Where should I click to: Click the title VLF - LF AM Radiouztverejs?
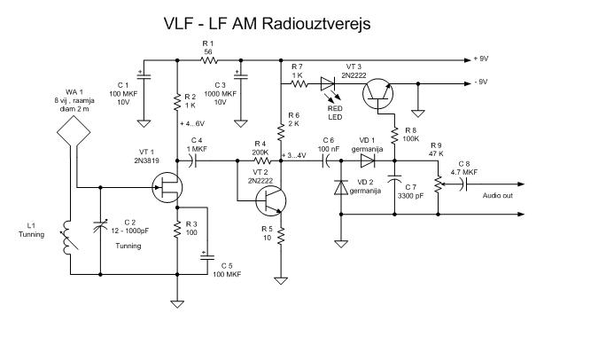tap(267, 24)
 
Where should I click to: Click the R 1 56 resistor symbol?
tap(208, 61)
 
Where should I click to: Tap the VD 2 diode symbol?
tap(340, 188)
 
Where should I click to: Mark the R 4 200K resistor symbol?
tap(260, 161)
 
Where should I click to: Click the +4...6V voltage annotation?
tap(197, 122)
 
